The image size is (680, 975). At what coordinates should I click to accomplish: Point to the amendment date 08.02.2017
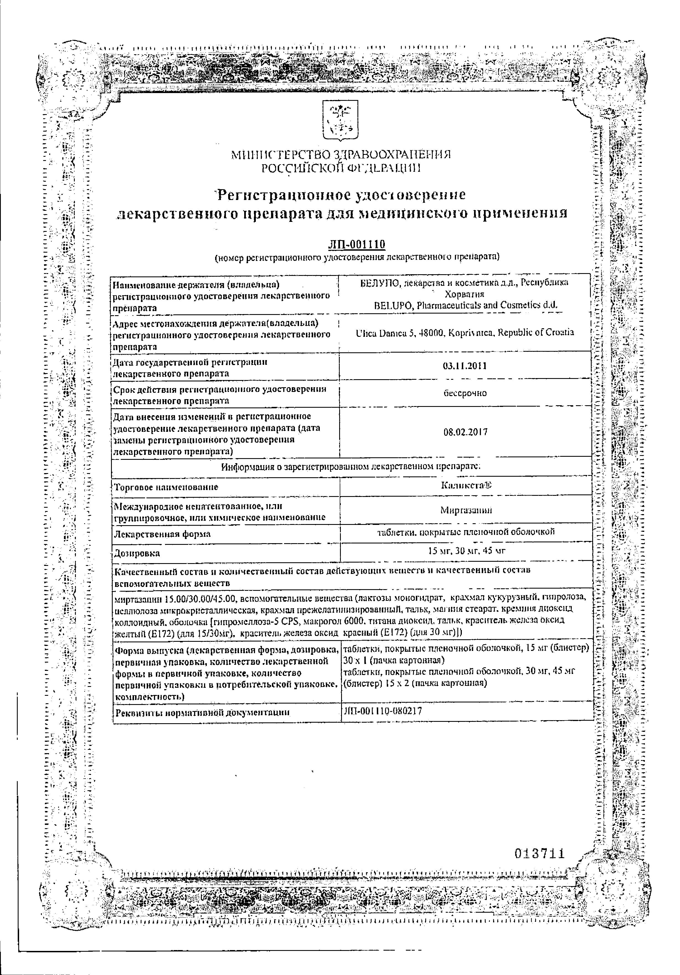click(465, 432)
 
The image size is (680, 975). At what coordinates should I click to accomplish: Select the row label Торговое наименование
click(166, 487)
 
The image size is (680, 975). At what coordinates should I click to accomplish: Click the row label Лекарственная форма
click(163, 533)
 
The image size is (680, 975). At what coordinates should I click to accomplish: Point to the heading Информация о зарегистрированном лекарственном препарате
click(351, 467)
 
